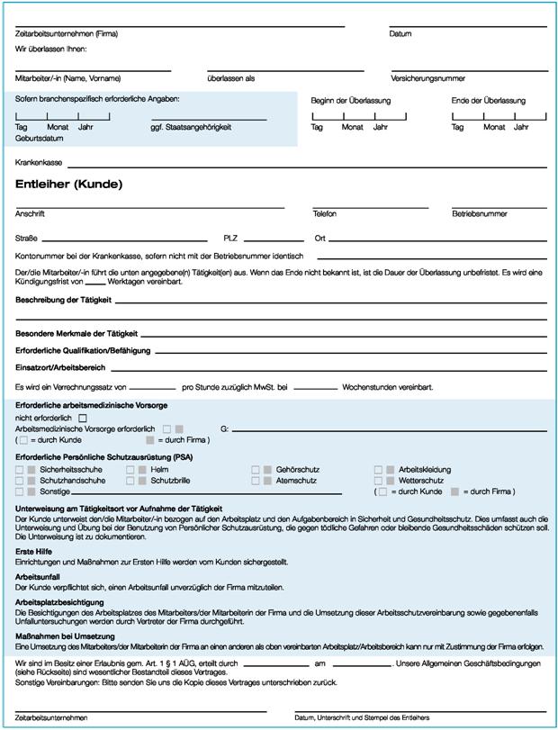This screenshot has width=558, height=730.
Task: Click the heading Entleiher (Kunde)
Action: tap(68, 185)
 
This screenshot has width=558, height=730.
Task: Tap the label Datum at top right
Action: tap(400, 34)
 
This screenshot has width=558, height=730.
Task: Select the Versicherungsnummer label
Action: tap(427, 78)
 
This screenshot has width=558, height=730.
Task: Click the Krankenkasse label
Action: tap(39, 162)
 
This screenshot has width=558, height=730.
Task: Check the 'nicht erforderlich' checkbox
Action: tap(83, 418)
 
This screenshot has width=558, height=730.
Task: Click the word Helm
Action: tap(160, 470)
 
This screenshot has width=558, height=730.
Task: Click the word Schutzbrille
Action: tap(171, 482)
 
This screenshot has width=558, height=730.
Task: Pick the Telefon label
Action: tap(325, 214)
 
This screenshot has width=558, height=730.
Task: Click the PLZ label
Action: tap(229, 239)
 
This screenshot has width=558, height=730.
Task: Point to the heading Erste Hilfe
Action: tap(35, 550)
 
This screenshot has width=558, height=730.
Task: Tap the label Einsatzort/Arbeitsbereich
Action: tap(61, 367)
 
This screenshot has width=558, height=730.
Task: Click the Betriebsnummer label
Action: tap(479, 214)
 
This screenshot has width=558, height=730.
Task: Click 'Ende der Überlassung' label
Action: tap(487, 100)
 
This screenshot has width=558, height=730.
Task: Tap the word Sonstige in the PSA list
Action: tap(56, 492)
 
